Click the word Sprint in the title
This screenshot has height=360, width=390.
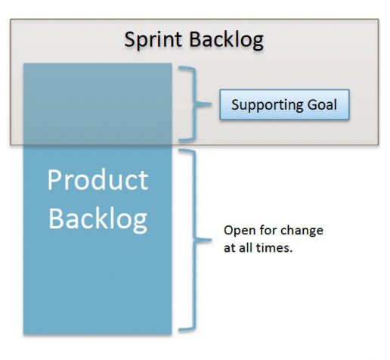153,40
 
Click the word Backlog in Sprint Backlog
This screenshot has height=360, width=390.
227,40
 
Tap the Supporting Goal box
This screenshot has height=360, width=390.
284,104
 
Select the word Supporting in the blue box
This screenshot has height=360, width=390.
268,105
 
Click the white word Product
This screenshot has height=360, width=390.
97,180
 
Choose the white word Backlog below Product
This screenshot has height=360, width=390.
97,219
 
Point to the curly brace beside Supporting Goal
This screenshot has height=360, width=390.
195,104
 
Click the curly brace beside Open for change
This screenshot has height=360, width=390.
195,240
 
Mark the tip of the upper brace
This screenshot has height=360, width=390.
211,104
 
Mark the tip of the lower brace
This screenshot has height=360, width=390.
211,240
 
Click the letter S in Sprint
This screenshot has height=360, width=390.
130,39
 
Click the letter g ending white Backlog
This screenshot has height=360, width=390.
140,222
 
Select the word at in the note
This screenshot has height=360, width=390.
229,248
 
